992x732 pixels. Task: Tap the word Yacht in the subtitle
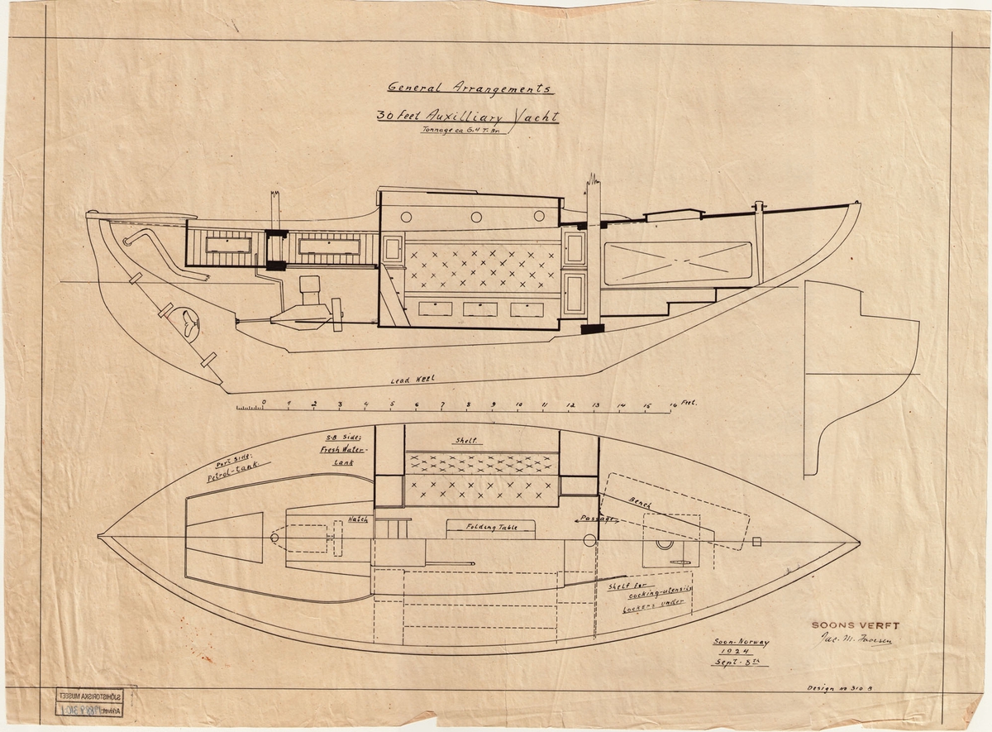pyautogui.click(x=535, y=117)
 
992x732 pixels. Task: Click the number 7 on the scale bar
pyautogui.click(x=442, y=404)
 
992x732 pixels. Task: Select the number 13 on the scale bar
pyautogui.click(x=595, y=404)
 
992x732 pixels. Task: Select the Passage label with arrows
pyautogui.click(x=596, y=519)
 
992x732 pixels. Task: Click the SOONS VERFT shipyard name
pyautogui.click(x=855, y=626)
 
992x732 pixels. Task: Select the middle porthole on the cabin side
pyautogui.click(x=476, y=217)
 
